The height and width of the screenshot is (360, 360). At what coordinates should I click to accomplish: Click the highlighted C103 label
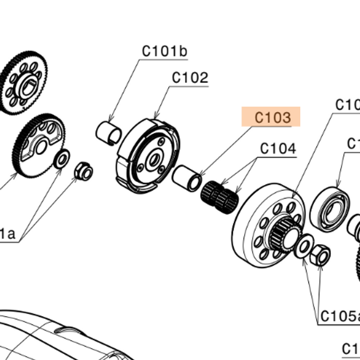click(273, 118)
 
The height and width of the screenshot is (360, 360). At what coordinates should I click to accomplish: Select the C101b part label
click(164, 51)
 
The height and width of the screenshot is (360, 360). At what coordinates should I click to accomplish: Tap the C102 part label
click(190, 78)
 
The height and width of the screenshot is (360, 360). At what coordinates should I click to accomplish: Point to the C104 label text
click(277, 149)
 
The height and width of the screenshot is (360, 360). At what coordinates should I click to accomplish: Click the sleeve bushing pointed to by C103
click(187, 177)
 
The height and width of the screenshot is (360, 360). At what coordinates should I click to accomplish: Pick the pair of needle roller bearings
click(220, 196)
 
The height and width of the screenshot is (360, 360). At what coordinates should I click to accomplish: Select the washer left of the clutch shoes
click(61, 159)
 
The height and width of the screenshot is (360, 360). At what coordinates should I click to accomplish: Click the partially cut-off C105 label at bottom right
click(340, 316)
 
